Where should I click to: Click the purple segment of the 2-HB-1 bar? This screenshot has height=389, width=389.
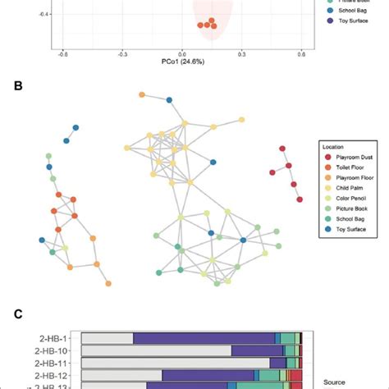click(x=204, y=337)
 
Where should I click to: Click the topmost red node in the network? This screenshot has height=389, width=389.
click(x=282, y=149)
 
